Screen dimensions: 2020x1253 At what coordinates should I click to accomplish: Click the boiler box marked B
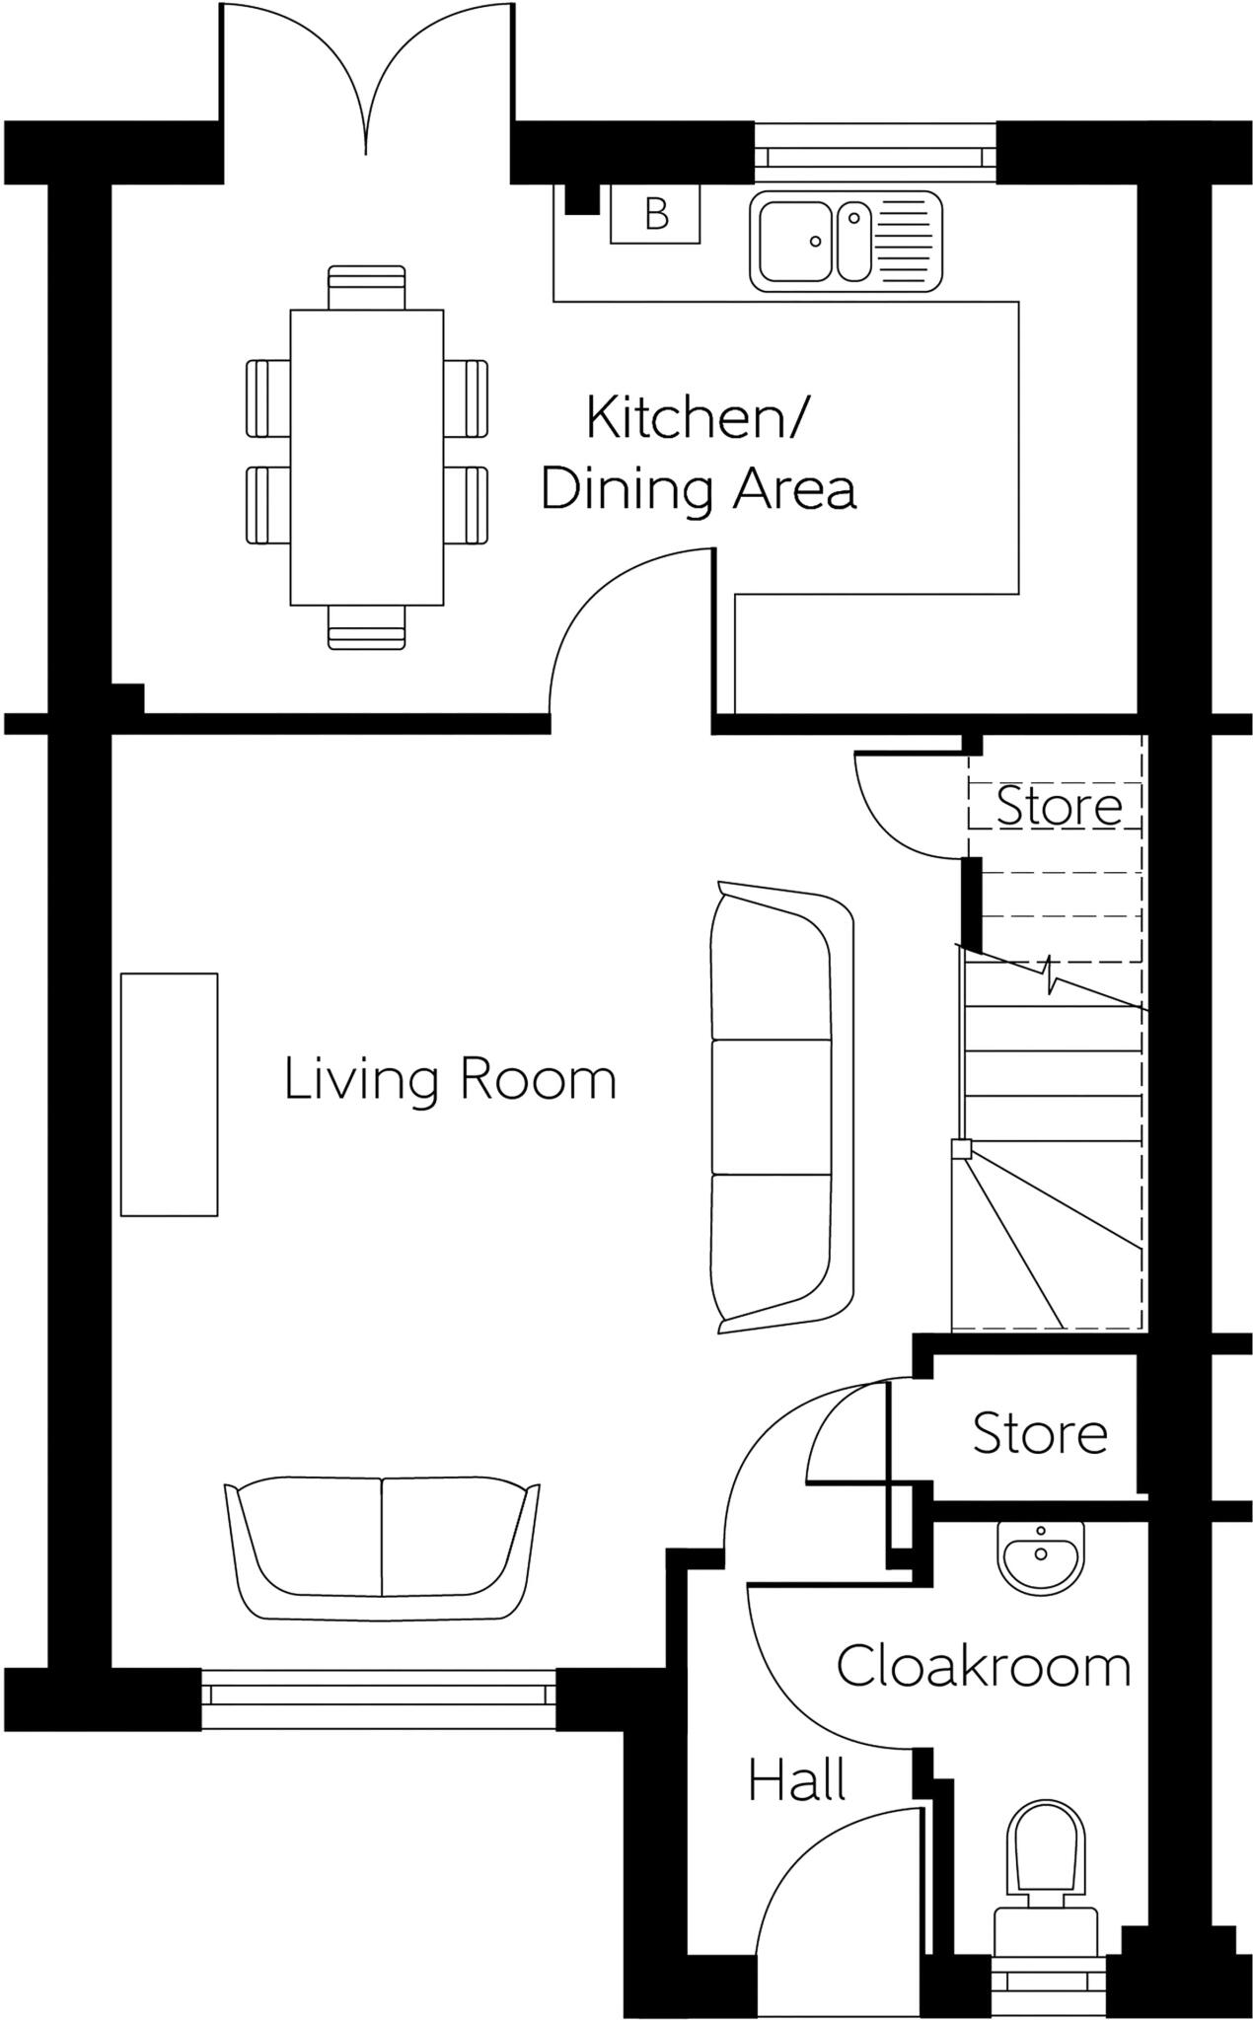[655, 214]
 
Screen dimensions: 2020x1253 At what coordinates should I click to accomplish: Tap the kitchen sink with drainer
[846, 242]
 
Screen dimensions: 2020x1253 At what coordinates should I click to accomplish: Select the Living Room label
[450, 1079]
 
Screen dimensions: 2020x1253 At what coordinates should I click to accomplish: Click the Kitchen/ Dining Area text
[698, 453]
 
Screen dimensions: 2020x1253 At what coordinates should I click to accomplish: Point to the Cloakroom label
[983, 1667]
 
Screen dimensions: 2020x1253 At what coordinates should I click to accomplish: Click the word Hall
[796, 1781]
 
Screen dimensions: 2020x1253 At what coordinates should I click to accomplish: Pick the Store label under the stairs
[1059, 806]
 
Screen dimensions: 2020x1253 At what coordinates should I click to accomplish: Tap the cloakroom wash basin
[1041, 1555]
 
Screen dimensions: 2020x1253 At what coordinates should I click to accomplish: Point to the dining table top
[366, 457]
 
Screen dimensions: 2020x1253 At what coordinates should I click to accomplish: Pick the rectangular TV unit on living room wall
[169, 1094]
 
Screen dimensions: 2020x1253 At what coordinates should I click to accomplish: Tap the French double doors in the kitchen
[366, 79]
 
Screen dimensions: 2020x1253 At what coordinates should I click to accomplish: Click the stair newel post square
[960, 1148]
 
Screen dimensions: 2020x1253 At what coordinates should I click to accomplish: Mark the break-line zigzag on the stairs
[1051, 976]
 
